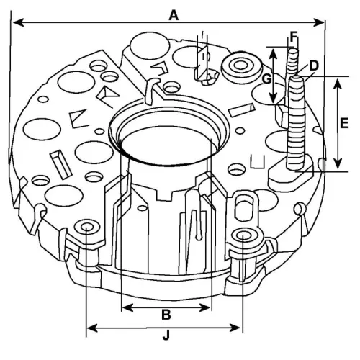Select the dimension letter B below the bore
pos(166,315)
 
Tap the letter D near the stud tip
pos(314,66)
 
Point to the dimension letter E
pos(344,123)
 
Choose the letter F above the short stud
pos(293,35)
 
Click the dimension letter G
pos(266,77)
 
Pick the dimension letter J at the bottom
pos(166,335)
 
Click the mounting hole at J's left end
pos(87,228)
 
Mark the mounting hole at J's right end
pos(245,237)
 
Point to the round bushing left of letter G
pos(238,68)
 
